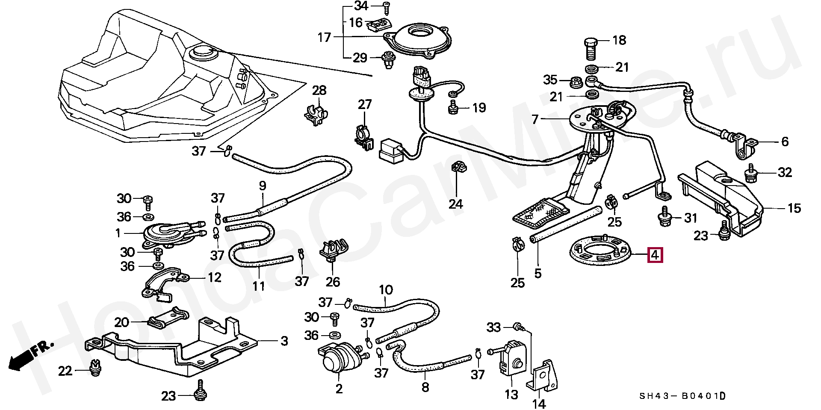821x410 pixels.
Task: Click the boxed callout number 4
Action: pyautogui.click(x=656, y=255)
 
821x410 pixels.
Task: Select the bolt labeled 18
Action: pyautogui.click(x=591, y=49)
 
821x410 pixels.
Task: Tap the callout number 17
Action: pyautogui.click(x=325, y=37)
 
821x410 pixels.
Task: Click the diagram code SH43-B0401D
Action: pyautogui.click(x=682, y=396)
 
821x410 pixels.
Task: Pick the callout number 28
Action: pyautogui.click(x=319, y=90)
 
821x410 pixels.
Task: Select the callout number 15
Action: pyautogui.click(x=794, y=208)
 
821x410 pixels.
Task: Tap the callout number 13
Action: pyautogui.click(x=511, y=394)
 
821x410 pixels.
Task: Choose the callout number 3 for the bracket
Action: pyautogui.click(x=284, y=341)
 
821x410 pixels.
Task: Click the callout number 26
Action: pyautogui.click(x=333, y=282)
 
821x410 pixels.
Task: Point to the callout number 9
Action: pyautogui.click(x=262, y=186)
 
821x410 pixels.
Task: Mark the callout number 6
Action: pyautogui.click(x=785, y=142)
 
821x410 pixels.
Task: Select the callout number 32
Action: pyautogui.click(x=785, y=172)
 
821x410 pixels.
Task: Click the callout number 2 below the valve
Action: pyautogui.click(x=339, y=389)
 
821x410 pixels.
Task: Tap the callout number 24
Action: pyautogui.click(x=456, y=204)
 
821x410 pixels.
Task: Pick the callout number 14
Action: pyautogui.click(x=539, y=404)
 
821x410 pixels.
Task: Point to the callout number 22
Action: pyautogui.click(x=65, y=371)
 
